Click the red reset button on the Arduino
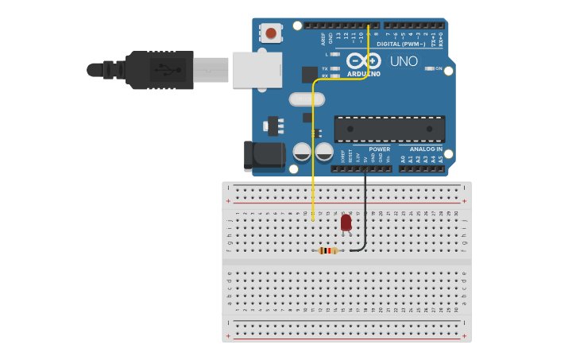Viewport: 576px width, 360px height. [x=271, y=33]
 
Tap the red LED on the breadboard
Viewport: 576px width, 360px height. [x=346, y=223]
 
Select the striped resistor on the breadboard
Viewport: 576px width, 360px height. [x=327, y=250]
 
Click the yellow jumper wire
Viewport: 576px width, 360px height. [x=313, y=159]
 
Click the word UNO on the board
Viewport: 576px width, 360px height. [x=404, y=61]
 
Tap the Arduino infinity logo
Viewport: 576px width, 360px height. [x=362, y=60]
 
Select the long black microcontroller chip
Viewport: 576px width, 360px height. [x=389, y=129]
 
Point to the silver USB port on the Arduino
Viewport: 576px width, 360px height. [x=256, y=70]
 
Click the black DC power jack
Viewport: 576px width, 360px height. [x=264, y=156]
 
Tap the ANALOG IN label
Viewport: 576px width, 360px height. [x=426, y=149]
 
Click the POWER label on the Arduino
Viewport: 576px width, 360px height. [x=380, y=149]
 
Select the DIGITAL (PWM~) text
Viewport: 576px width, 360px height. [x=400, y=45]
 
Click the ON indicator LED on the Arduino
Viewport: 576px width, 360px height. [x=430, y=68]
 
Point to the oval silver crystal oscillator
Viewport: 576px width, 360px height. [x=307, y=99]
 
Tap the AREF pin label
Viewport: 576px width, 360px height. [x=323, y=38]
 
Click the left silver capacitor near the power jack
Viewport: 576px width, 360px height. [x=302, y=151]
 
